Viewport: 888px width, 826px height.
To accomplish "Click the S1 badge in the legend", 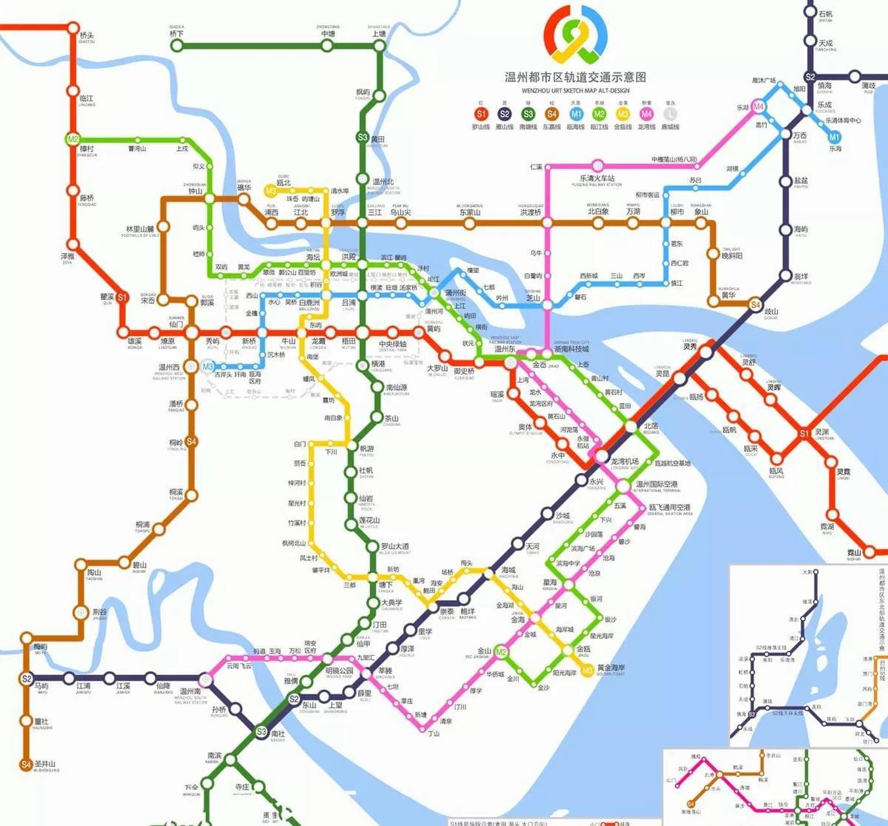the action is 481,114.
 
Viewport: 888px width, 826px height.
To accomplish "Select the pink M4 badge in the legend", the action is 646,114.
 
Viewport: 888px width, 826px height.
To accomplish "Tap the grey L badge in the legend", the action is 670,114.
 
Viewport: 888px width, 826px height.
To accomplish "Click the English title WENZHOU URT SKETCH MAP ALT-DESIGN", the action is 575,91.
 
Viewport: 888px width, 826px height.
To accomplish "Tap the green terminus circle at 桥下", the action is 176,45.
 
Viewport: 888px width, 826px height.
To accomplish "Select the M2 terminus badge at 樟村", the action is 72,139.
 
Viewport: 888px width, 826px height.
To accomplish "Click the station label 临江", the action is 86,99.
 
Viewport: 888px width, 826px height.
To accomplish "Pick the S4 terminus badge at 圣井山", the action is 26,765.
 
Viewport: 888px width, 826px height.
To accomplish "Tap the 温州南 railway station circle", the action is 206,679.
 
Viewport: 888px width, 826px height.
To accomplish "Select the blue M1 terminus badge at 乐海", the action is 834,137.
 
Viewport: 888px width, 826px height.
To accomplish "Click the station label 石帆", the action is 825,14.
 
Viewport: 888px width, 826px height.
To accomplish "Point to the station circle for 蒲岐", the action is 854,76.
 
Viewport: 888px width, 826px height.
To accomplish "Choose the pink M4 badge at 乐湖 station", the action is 758,106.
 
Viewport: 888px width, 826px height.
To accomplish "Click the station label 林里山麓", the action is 140,229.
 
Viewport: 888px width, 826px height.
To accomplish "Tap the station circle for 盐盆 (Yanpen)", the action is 785,181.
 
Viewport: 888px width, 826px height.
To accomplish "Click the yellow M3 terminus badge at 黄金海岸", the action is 587,671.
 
